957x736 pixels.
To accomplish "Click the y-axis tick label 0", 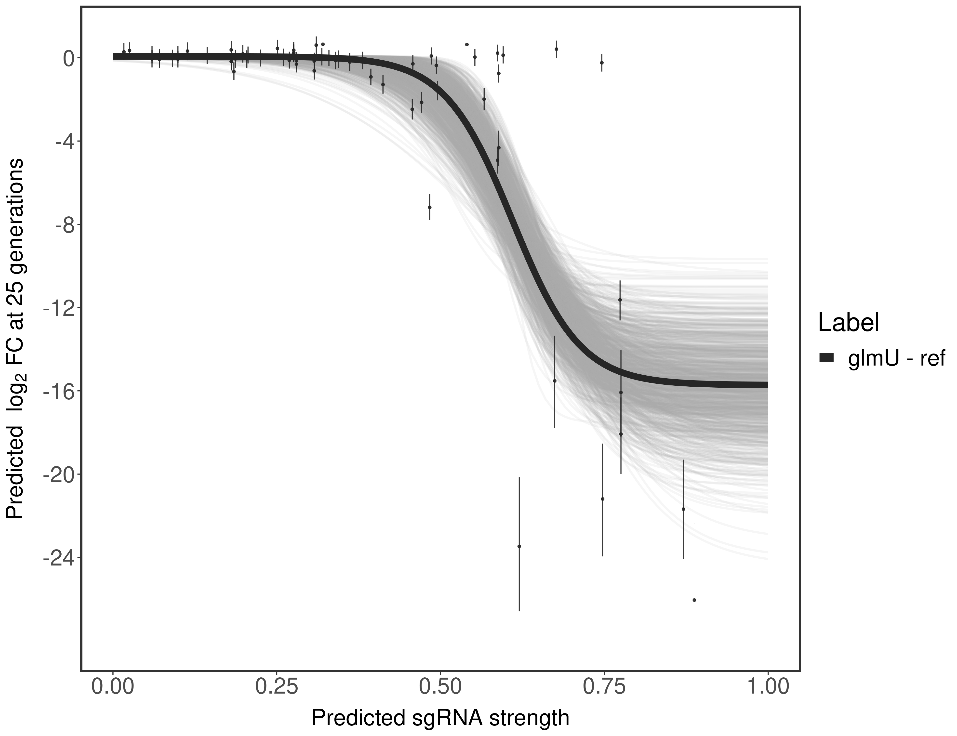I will pyautogui.click(x=68, y=58).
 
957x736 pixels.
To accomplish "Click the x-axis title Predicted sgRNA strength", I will pyautogui.click(x=440, y=718).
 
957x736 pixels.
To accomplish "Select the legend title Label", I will pyautogui.click(x=849, y=323).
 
